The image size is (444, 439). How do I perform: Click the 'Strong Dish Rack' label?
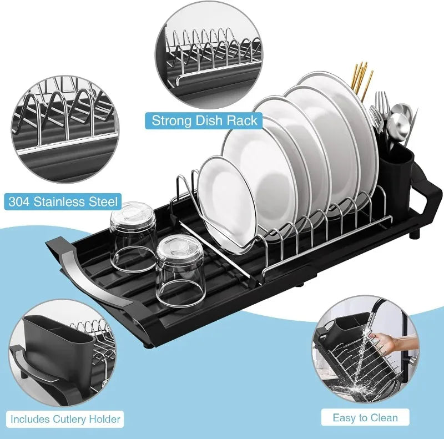point(205,120)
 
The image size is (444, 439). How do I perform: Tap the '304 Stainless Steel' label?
point(63,200)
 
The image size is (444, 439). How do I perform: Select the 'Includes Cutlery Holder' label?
point(65,419)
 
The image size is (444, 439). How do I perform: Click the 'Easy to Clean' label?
point(365,417)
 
